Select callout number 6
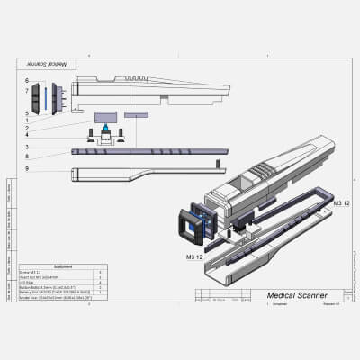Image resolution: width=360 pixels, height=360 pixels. click(27, 81)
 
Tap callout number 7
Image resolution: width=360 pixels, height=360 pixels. click(27, 92)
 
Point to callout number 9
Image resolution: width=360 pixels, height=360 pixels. click(27, 169)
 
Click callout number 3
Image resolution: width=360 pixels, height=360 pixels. click(27, 147)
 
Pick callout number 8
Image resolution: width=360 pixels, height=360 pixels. click(27, 157)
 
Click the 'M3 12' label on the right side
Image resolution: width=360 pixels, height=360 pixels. click(342, 204)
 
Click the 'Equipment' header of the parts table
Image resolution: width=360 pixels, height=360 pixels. click(63, 266)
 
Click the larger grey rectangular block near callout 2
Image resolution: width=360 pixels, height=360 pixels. click(109, 116)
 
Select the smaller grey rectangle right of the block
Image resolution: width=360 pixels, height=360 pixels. click(136, 114)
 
